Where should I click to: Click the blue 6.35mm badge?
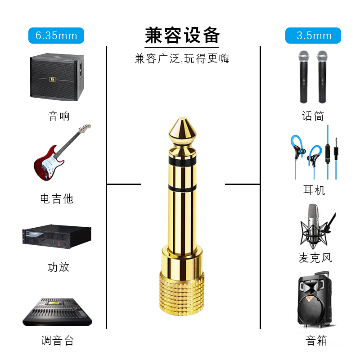[56, 36]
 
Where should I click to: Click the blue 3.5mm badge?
[313, 36]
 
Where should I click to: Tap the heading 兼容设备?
[182, 36]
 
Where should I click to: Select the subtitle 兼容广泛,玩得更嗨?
[182, 58]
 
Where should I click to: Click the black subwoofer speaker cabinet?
[57, 77]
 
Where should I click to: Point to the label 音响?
[59, 116]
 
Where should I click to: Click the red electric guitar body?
[48, 163]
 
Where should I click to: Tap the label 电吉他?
[57, 198]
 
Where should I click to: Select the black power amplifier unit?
[57, 237]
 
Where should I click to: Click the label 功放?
[58, 267]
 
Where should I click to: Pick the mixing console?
[57, 312]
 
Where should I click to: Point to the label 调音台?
[57, 340]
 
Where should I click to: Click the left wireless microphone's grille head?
[304, 56]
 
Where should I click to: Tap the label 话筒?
[313, 116]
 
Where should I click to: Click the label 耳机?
[314, 190]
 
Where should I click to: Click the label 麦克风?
[315, 257]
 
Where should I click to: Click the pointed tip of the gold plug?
[182, 118]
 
